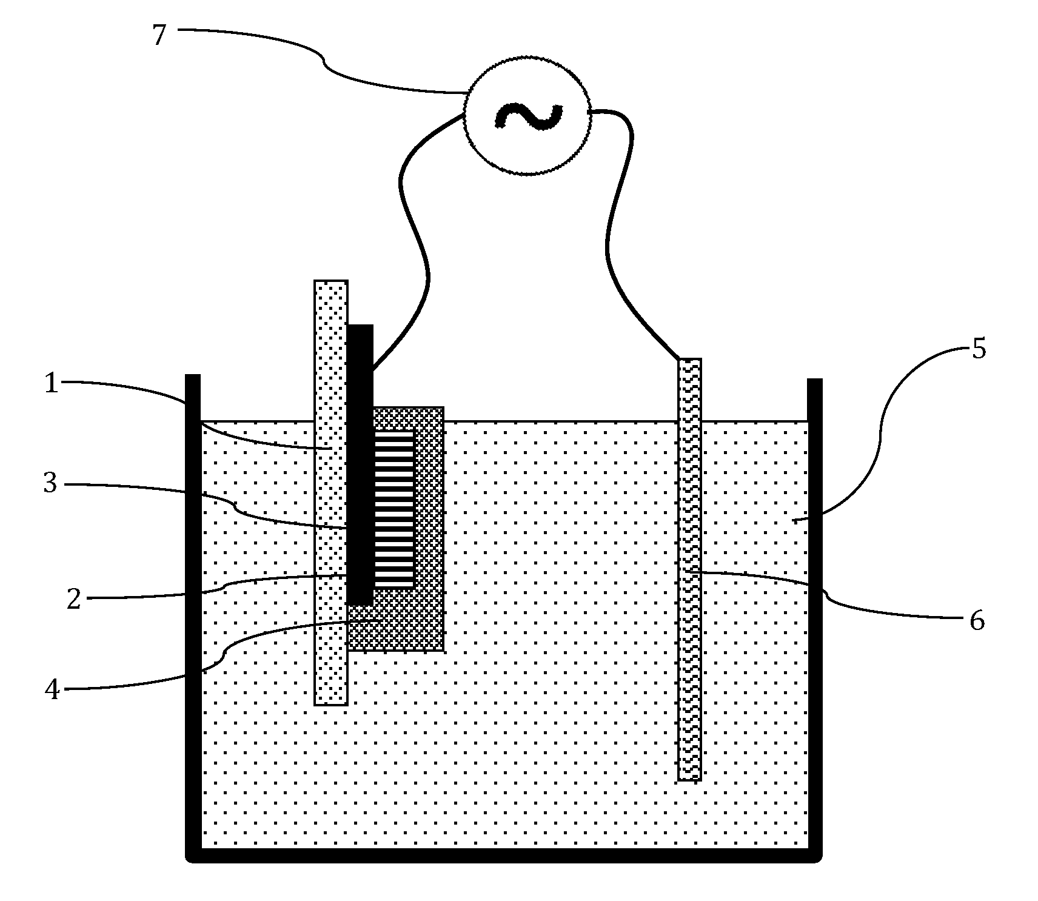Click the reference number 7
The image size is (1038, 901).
[x=159, y=36]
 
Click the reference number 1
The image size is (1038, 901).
[x=52, y=383]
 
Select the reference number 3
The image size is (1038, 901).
[x=50, y=484]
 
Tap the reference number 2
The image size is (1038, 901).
[x=73, y=600]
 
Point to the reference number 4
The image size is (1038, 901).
[x=53, y=689]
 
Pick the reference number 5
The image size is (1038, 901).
[x=979, y=350]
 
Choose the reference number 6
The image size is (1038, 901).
[x=977, y=621]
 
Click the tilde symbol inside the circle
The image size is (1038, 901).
[x=528, y=115]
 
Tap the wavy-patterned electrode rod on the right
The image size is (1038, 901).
[x=689, y=667]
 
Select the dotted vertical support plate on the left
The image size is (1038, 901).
[x=331, y=667]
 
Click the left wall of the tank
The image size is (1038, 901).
[x=193, y=606]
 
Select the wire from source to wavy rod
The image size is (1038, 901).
[x=612, y=243]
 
